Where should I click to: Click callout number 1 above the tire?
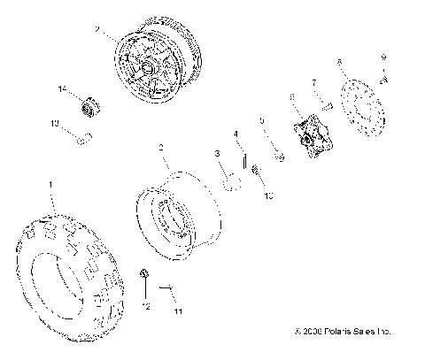[50, 184]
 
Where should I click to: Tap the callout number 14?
[62, 89]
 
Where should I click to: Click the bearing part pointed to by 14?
[89, 107]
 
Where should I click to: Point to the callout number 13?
[54, 125]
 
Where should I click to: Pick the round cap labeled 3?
[232, 183]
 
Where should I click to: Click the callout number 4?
[236, 134]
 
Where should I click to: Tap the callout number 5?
[262, 119]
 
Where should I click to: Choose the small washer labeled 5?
[277, 157]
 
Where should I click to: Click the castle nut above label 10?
[255, 170]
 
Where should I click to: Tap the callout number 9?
[382, 57]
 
